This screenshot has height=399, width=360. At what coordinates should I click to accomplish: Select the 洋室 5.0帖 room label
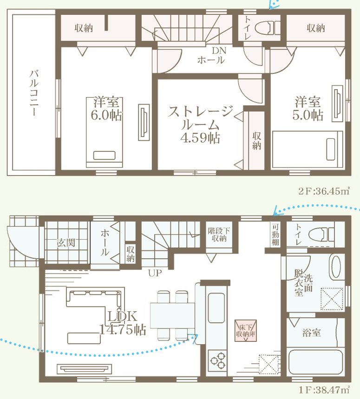click(308, 109)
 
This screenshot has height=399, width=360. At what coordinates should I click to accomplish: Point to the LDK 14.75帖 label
click(122, 323)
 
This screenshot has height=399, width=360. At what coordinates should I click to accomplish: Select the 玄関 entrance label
click(66, 242)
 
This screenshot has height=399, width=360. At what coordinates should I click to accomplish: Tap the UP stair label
click(154, 273)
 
